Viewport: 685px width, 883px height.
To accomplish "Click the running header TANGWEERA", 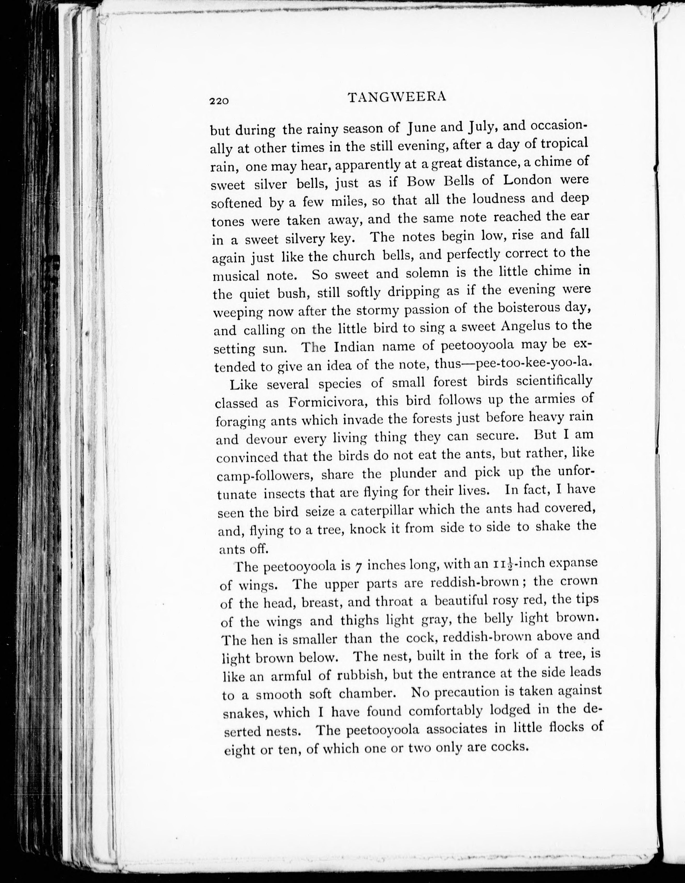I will click(397, 97).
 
